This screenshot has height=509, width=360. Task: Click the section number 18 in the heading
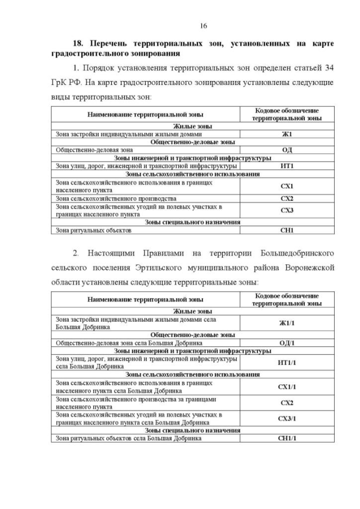pyautogui.click(x=78, y=43)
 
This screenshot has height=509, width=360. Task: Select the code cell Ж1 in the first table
pyautogui.click(x=287, y=134)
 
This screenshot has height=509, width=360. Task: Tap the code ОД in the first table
pyautogui.click(x=287, y=150)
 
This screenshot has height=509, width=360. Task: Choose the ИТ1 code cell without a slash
pyautogui.click(x=287, y=166)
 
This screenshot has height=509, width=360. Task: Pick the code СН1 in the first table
pyautogui.click(x=287, y=230)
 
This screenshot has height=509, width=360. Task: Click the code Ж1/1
pyautogui.click(x=287, y=322)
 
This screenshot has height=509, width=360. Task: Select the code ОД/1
pyautogui.click(x=287, y=343)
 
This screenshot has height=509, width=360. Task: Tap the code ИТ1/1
pyautogui.click(x=287, y=362)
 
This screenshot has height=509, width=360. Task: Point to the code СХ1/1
pyautogui.click(x=287, y=386)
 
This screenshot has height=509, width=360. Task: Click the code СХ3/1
pyautogui.click(x=287, y=418)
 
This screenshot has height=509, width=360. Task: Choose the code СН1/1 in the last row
pyautogui.click(x=287, y=438)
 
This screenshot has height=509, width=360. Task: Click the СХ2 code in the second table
pyautogui.click(x=287, y=403)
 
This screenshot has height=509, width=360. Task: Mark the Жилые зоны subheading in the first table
pyautogui.click(x=192, y=127)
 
